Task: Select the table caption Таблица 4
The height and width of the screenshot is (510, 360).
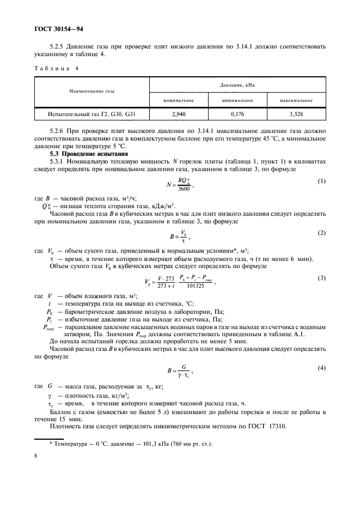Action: [58, 68]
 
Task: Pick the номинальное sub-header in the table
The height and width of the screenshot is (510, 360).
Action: [179, 100]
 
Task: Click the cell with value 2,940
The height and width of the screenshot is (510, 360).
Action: [179, 114]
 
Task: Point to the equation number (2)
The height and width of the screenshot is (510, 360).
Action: [321, 233]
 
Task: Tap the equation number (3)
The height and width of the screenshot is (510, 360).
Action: [321, 278]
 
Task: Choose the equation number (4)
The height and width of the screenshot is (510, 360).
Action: [321, 368]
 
